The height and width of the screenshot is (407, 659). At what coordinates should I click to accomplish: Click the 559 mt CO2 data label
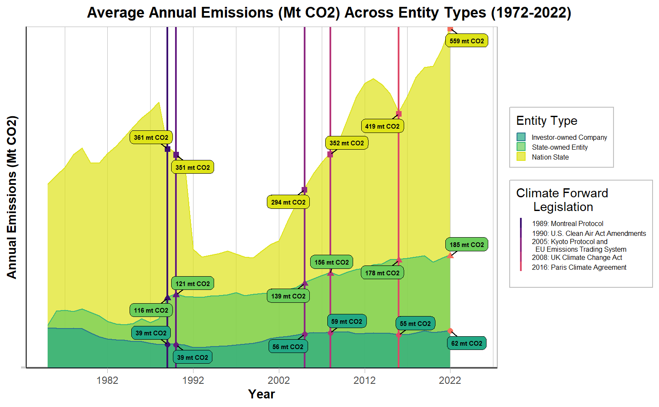tap(467, 41)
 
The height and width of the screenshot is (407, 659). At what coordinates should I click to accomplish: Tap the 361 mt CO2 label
tap(151, 137)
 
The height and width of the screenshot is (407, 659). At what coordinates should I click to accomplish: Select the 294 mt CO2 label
tap(288, 202)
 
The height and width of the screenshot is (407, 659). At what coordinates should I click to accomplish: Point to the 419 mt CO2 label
tap(382, 126)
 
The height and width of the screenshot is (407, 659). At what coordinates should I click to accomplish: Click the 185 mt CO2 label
tap(467, 244)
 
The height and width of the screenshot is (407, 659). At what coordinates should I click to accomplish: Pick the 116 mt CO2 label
tap(151, 310)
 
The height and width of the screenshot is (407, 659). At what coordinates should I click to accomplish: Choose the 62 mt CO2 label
tap(467, 343)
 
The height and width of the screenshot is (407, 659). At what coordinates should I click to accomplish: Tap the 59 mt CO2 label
tap(347, 321)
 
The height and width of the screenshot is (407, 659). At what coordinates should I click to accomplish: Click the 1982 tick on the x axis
tap(107, 380)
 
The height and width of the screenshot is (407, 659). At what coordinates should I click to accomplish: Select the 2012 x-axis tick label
tap(365, 380)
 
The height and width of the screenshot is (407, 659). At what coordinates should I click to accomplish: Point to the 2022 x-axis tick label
tap(450, 380)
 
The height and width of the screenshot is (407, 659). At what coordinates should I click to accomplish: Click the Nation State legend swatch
tap(521, 157)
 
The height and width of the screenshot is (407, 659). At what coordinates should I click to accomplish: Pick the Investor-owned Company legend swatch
tap(521, 137)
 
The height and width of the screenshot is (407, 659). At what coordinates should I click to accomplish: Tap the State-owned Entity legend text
tap(559, 147)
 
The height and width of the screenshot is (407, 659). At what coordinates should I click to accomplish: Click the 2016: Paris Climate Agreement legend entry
tap(579, 267)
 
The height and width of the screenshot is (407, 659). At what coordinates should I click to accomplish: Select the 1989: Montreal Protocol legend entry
tap(567, 223)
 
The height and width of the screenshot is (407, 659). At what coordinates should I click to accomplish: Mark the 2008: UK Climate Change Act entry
tap(577, 257)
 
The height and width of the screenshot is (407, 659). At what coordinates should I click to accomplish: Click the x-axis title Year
tap(261, 394)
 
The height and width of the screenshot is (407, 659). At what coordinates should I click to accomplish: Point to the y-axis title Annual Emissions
tap(12, 197)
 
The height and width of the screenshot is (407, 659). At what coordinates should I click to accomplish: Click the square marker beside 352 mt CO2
tap(330, 154)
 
